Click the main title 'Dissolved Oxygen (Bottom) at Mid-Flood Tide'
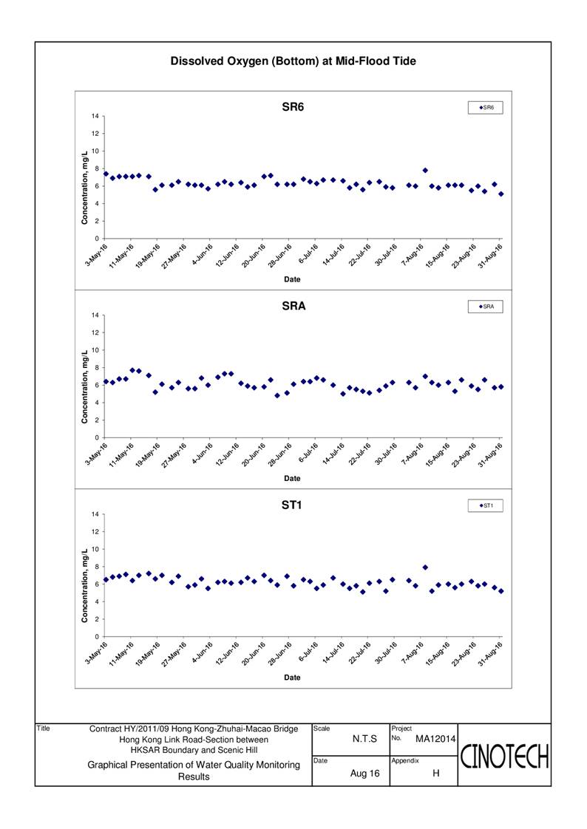293,61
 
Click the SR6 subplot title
293,107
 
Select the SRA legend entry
486,307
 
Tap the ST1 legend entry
486,506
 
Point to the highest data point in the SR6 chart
425,170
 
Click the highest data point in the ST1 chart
425,567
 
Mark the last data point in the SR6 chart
501,194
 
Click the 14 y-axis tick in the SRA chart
95,315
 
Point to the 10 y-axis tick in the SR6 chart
95,151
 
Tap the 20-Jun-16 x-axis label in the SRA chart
254,454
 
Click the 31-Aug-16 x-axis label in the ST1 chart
490,654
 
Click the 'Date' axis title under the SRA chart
292,479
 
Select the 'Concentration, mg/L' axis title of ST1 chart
84,585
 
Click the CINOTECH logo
504,756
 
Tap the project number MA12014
435,739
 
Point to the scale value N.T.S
365,739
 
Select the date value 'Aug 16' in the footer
365,774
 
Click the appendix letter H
435,774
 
